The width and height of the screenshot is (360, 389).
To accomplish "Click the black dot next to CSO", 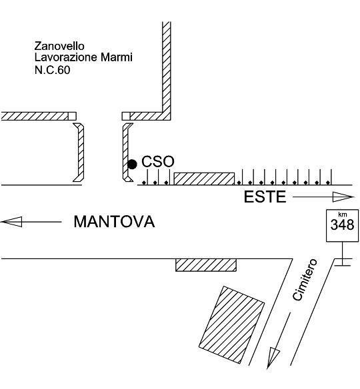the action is (x=132, y=165).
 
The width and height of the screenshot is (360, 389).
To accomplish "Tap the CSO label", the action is (x=158, y=161).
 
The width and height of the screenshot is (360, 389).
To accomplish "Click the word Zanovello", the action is (x=59, y=46).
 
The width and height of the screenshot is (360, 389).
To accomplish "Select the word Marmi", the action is (x=117, y=57).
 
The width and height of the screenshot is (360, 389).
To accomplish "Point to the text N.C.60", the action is (x=53, y=70).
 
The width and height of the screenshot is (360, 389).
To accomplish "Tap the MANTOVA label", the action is (x=114, y=222).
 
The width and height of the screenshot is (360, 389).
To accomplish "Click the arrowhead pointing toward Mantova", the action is (x=11, y=222).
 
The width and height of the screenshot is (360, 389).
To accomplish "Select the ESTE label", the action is (x=265, y=197).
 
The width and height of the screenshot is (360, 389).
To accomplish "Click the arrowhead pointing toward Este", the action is (x=343, y=197).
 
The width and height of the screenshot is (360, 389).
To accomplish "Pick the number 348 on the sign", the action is (x=342, y=224).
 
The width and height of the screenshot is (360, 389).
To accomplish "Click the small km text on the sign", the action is (x=343, y=215).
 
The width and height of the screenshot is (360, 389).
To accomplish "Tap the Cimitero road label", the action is (x=305, y=280).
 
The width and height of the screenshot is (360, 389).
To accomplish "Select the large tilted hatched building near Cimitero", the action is (x=231, y=325).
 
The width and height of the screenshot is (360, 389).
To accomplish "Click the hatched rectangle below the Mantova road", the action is (x=206, y=265).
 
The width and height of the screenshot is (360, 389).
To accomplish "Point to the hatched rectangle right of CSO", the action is (x=204, y=179).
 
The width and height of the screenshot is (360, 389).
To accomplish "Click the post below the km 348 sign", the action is (x=343, y=254).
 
